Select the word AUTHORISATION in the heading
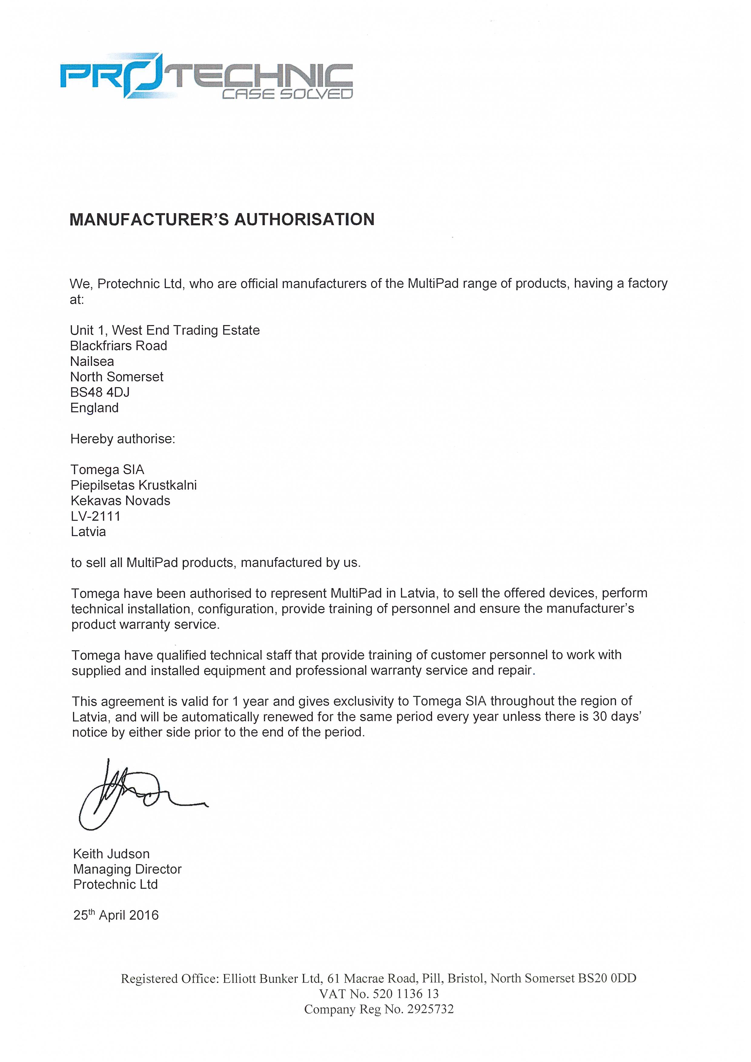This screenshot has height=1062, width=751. pyautogui.click(x=304, y=219)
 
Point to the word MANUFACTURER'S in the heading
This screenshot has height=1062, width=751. pyautogui.click(x=148, y=219)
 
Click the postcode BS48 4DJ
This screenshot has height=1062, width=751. pyautogui.click(x=100, y=392)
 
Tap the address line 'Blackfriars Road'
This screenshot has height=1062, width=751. pyautogui.click(x=118, y=345)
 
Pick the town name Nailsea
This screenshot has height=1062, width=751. pyautogui.click(x=92, y=361)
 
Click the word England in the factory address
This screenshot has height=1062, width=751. pyautogui.click(x=94, y=408)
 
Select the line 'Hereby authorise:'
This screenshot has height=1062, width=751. pyautogui.click(x=123, y=439)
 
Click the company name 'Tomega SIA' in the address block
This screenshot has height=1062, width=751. pyautogui.click(x=108, y=470)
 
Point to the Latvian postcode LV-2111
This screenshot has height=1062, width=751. pyautogui.click(x=95, y=516)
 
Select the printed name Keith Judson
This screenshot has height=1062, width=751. pyautogui.click(x=111, y=854)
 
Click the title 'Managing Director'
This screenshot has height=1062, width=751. pyautogui.click(x=127, y=869)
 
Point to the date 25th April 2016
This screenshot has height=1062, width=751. pyautogui.click(x=116, y=915)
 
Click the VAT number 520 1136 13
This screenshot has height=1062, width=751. pyautogui.click(x=405, y=994)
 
